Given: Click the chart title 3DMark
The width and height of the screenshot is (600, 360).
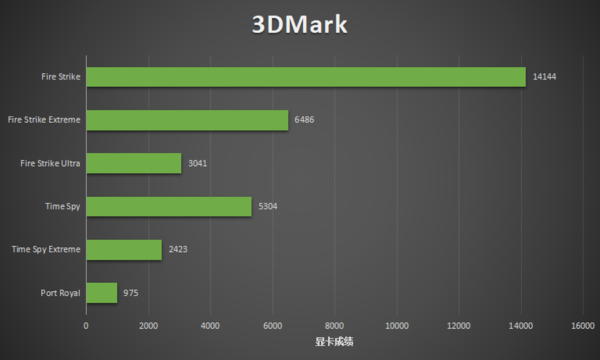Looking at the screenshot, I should [299, 25].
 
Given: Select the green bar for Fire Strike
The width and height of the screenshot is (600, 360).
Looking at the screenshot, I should [306, 77].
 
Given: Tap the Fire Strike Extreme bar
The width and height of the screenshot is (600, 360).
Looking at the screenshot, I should [187, 120].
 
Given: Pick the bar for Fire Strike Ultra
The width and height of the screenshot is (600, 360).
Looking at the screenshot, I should [134, 163].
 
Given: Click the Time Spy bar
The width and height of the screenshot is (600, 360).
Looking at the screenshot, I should [169, 206].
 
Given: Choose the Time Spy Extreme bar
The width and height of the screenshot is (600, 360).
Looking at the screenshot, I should [124, 249].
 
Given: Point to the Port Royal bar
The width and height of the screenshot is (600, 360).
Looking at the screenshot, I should [102, 293].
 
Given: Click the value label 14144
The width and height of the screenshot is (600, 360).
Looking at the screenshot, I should [545, 77].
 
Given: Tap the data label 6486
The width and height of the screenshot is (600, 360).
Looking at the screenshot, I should [304, 120].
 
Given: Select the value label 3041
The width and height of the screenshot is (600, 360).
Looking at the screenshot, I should [197, 163].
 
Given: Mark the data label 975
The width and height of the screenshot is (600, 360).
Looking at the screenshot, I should [131, 293].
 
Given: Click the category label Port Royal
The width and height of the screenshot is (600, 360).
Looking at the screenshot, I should [60, 293].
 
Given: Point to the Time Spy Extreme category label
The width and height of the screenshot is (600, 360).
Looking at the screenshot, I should [46, 249].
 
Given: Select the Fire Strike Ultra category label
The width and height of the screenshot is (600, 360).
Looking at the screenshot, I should [50, 163].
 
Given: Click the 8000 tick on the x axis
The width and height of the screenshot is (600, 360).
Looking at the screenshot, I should [335, 325].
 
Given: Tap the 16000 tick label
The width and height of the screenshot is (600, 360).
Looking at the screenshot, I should [583, 325].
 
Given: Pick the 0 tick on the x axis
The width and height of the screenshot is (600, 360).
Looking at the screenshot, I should [86, 325].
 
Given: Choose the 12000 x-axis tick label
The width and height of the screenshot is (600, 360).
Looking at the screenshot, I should [459, 325].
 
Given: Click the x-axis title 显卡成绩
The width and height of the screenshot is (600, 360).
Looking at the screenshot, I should [334, 342].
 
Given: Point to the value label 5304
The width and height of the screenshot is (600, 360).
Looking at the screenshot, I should [267, 206].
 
